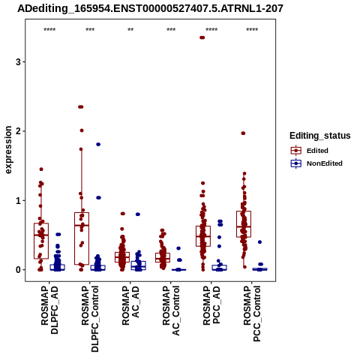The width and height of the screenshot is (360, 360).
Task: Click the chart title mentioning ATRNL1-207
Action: pyautogui.click(x=150, y=8)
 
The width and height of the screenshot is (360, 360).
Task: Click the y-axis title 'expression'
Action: pyautogui.click(x=8, y=150)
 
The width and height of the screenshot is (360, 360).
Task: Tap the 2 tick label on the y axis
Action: pyautogui.click(x=18, y=131)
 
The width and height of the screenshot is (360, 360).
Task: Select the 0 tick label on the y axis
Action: pyautogui.click(x=18, y=270)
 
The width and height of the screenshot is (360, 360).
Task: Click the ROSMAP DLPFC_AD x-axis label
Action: pyautogui.click(x=49, y=310)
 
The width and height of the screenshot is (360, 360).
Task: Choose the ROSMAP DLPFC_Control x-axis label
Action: pyautogui.click(x=90, y=319)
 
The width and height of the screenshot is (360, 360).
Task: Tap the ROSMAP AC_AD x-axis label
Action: pyautogui.click(x=130, y=305)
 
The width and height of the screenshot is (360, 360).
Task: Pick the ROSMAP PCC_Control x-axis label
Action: pyautogui.click(x=252, y=313)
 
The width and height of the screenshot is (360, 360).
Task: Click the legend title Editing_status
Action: pyautogui.click(x=320, y=136)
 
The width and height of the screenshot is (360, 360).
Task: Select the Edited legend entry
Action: pyautogui.click(x=309, y=151)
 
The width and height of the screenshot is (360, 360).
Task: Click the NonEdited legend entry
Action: pyautogui.click(x=316, y=163)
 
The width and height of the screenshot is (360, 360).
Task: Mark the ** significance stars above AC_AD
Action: pyautogui.click(x=130, y=30)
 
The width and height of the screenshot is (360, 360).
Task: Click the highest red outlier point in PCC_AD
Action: pyautogui.click(x=202, y=37)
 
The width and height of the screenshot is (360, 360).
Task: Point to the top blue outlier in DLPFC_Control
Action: pyautogui.click(x=98, y=144)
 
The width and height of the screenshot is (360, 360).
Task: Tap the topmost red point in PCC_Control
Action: pyautogui.click(x=243, y=133)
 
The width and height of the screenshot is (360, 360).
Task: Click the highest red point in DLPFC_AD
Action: pyautogui.click(x=41, y=169)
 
